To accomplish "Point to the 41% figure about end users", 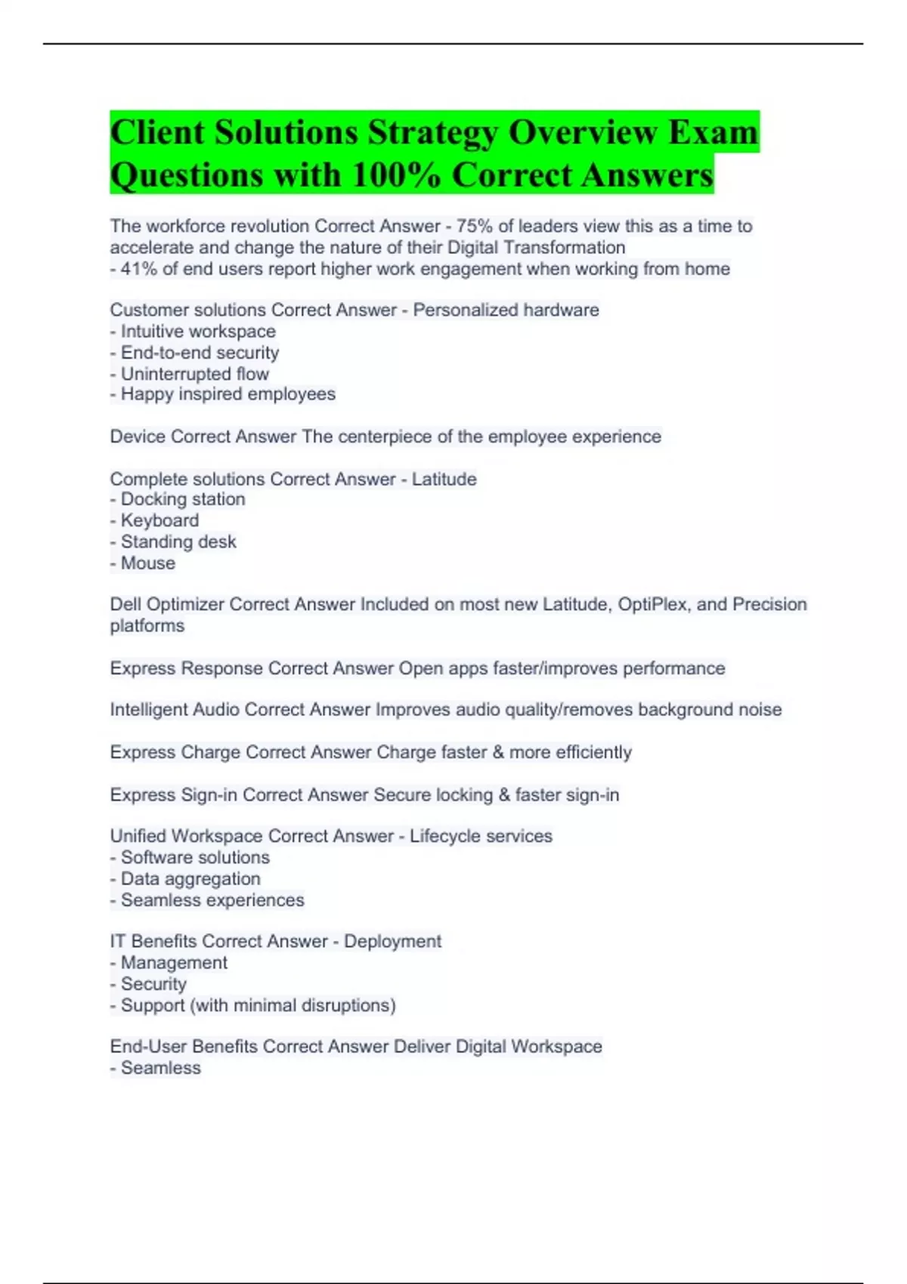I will [138, 269].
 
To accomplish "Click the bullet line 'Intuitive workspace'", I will [198, 332].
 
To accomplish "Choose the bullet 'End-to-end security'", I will [200, 353].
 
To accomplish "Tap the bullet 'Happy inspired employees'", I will [228, 394].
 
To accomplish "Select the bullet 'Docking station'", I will [182, 499].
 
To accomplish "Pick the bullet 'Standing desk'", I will [178, 542].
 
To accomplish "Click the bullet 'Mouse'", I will [147, 563].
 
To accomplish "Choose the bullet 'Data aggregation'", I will [190, 878].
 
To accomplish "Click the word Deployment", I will [392, 941].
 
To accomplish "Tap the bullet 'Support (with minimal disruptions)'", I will [258, 1005].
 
